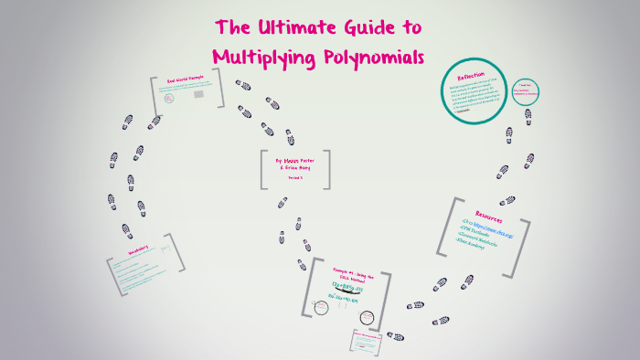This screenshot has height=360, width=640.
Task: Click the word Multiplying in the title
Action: coord(262,57)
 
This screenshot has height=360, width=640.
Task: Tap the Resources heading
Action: coord(487,218)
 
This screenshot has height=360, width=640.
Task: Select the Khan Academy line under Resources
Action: coord(480,247)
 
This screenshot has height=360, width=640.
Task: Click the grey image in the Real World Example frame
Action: coord(157,119)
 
